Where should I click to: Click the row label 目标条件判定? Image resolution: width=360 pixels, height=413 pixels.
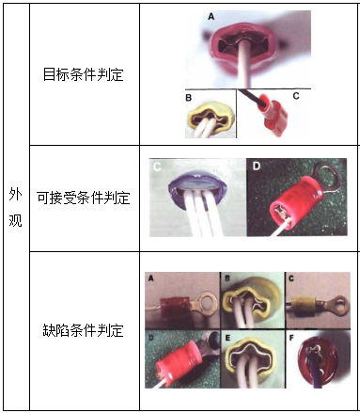pyautogui.click(x=84, y=73)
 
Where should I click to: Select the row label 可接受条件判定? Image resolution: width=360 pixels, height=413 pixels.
pyautogui.click(x=84, y=198)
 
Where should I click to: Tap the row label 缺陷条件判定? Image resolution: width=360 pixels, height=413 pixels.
pyautogui.click(x=84, y=330)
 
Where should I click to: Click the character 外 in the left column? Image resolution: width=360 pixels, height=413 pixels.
pyautogui.click(x=15, y=194)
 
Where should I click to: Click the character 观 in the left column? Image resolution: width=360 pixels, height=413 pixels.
pyautogui.click(x=15, y=221)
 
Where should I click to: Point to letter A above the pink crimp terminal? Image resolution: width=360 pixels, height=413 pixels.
pyautogui.click(x=211, y=17)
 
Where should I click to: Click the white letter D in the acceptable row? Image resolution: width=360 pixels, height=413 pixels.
pyautogui.click(x=258, y=168)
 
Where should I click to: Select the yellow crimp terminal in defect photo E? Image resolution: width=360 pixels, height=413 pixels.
pyautogui.click(x=251, y=359)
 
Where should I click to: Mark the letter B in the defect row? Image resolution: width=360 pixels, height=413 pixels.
pyautogui.click(x=227, y=278)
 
